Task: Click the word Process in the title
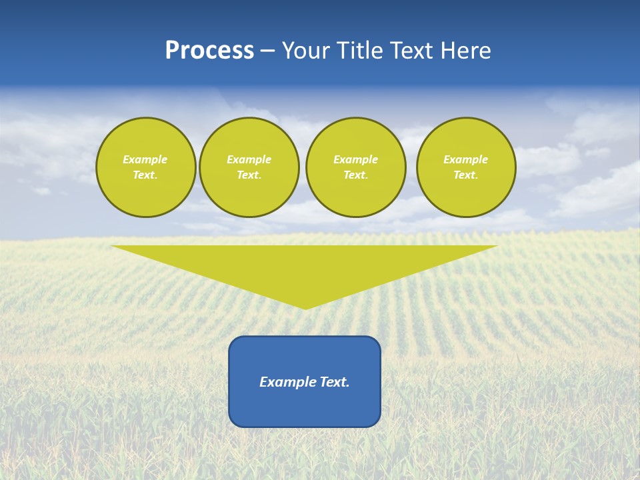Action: [x=209, y=51]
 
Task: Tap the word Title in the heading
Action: [x=360, y=51]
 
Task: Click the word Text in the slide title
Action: [x=411, y=51]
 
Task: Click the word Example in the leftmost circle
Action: [x=145, y=159]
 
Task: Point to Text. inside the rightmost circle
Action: [x=465, y=175]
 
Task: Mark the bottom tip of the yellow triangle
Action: [x=305, y=308]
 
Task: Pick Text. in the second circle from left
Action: [x=249, y=175]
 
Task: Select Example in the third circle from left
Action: [x=355, y=159]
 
